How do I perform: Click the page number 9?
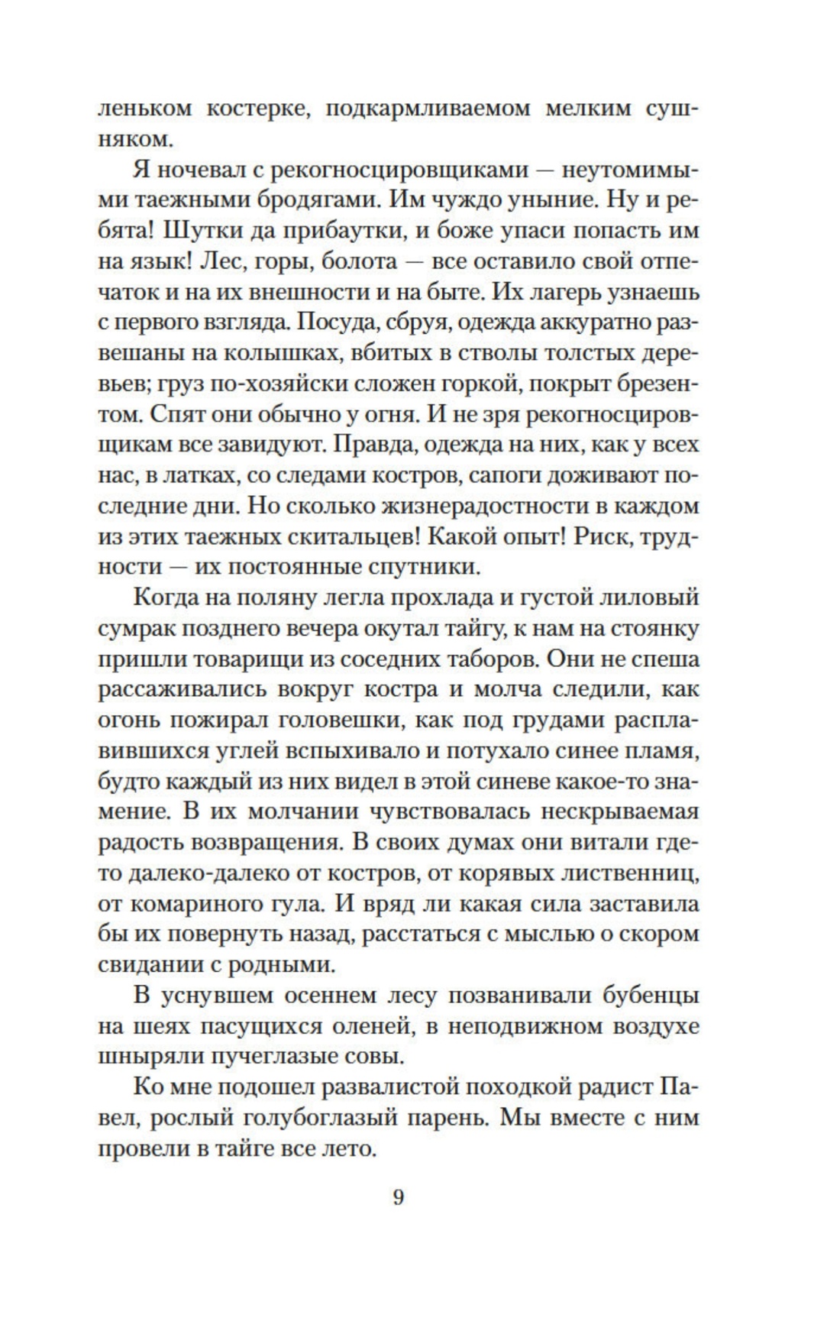[398, 1197]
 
